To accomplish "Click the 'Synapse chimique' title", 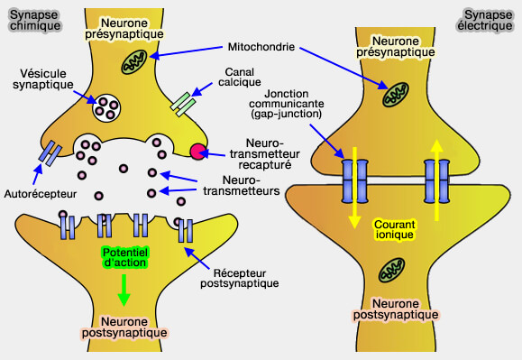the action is [x=35, y=21].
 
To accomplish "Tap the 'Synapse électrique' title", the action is [x=484, y=21].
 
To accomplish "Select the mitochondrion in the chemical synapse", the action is [x=133, y=62].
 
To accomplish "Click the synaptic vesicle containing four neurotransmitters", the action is [x=106, y=108].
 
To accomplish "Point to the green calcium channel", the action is [x=182, y=105].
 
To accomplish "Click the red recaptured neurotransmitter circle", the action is [x=198, y=152].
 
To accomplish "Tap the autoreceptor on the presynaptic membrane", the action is [x=50, y=153].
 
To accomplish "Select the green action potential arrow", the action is [x=124, y=290].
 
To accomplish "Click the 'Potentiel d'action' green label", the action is [x=124, y=257].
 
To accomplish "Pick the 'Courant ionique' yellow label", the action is [x=395, y=229].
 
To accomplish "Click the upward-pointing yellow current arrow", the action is [x=436, y=180].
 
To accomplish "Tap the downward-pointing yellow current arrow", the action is [x=354, y=188].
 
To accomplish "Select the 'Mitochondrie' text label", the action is [x=261, y=47].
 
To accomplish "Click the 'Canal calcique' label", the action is [x=239, y=77].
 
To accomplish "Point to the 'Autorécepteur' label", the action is [x=41, y=194].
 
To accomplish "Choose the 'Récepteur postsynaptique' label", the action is [x=239, y=278].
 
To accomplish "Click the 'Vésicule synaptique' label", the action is [x=43, y=78].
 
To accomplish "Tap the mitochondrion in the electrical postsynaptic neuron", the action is [x=391, y=270].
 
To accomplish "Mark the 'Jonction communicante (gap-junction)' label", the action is [x=287, y=104].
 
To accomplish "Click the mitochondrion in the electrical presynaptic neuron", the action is [x=396, y=95].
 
